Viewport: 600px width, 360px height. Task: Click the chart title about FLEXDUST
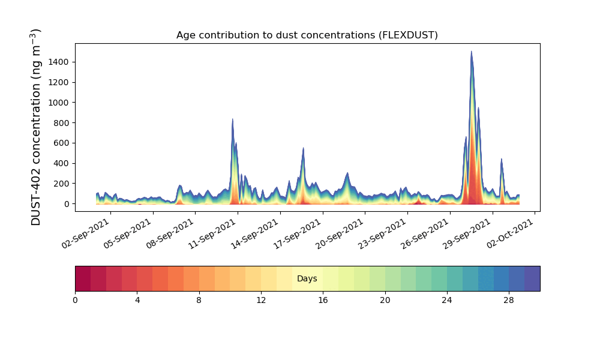(307, 35)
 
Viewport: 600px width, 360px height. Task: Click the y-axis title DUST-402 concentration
(35, 127)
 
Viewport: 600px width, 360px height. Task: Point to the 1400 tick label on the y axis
(59, 62)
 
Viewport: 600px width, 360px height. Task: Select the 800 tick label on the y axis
(61, 123)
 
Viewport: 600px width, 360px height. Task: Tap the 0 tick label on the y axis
(67, 204)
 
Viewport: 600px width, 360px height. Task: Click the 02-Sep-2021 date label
(85, 234)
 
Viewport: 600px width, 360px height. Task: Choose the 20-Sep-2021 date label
(339, 234)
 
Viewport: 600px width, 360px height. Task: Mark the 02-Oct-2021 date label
(510, 234)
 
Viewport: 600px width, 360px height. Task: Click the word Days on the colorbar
(307, 278)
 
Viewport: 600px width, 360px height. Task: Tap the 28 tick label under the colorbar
(509, 301)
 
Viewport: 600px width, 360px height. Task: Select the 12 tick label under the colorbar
(261, 301)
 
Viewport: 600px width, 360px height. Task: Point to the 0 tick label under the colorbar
(76, 301)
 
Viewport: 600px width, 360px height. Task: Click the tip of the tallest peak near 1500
(471, 51)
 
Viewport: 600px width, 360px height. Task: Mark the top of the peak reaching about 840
(232, 119)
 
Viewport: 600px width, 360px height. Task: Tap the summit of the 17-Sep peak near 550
(303, 148)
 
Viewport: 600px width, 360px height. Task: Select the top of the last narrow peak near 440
(501, 159)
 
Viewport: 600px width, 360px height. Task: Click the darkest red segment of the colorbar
(83, 278)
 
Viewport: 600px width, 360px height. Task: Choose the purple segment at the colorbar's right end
(532, 278)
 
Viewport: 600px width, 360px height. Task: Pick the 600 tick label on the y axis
(61, 143)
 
